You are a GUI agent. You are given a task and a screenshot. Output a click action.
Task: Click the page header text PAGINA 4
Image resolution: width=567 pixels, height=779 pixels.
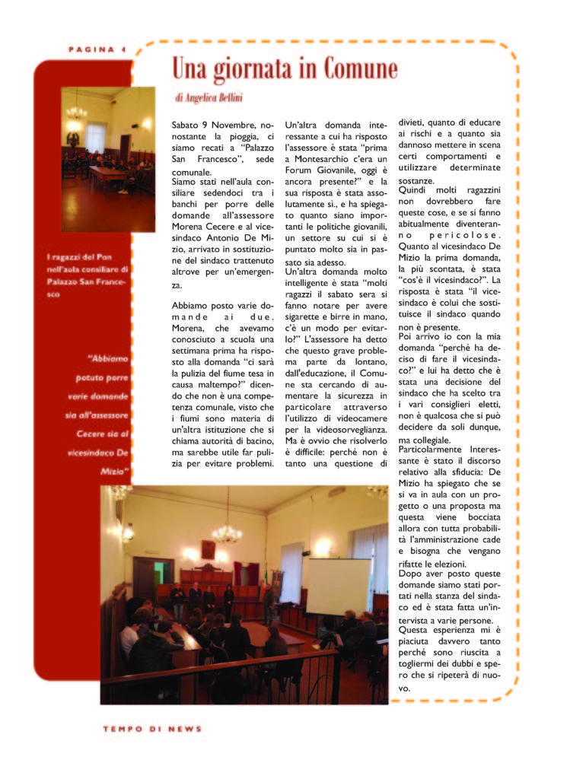pos(96,49)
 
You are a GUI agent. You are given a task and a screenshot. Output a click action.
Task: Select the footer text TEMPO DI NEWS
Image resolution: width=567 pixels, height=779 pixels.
pos(153,728)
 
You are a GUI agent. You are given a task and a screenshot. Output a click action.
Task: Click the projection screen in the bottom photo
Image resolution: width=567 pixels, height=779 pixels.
pos(337,586)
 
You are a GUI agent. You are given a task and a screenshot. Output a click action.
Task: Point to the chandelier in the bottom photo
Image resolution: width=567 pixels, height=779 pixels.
pos(227,532)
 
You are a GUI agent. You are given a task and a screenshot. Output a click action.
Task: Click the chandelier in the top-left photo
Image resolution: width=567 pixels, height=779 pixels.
pos(76,112)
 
